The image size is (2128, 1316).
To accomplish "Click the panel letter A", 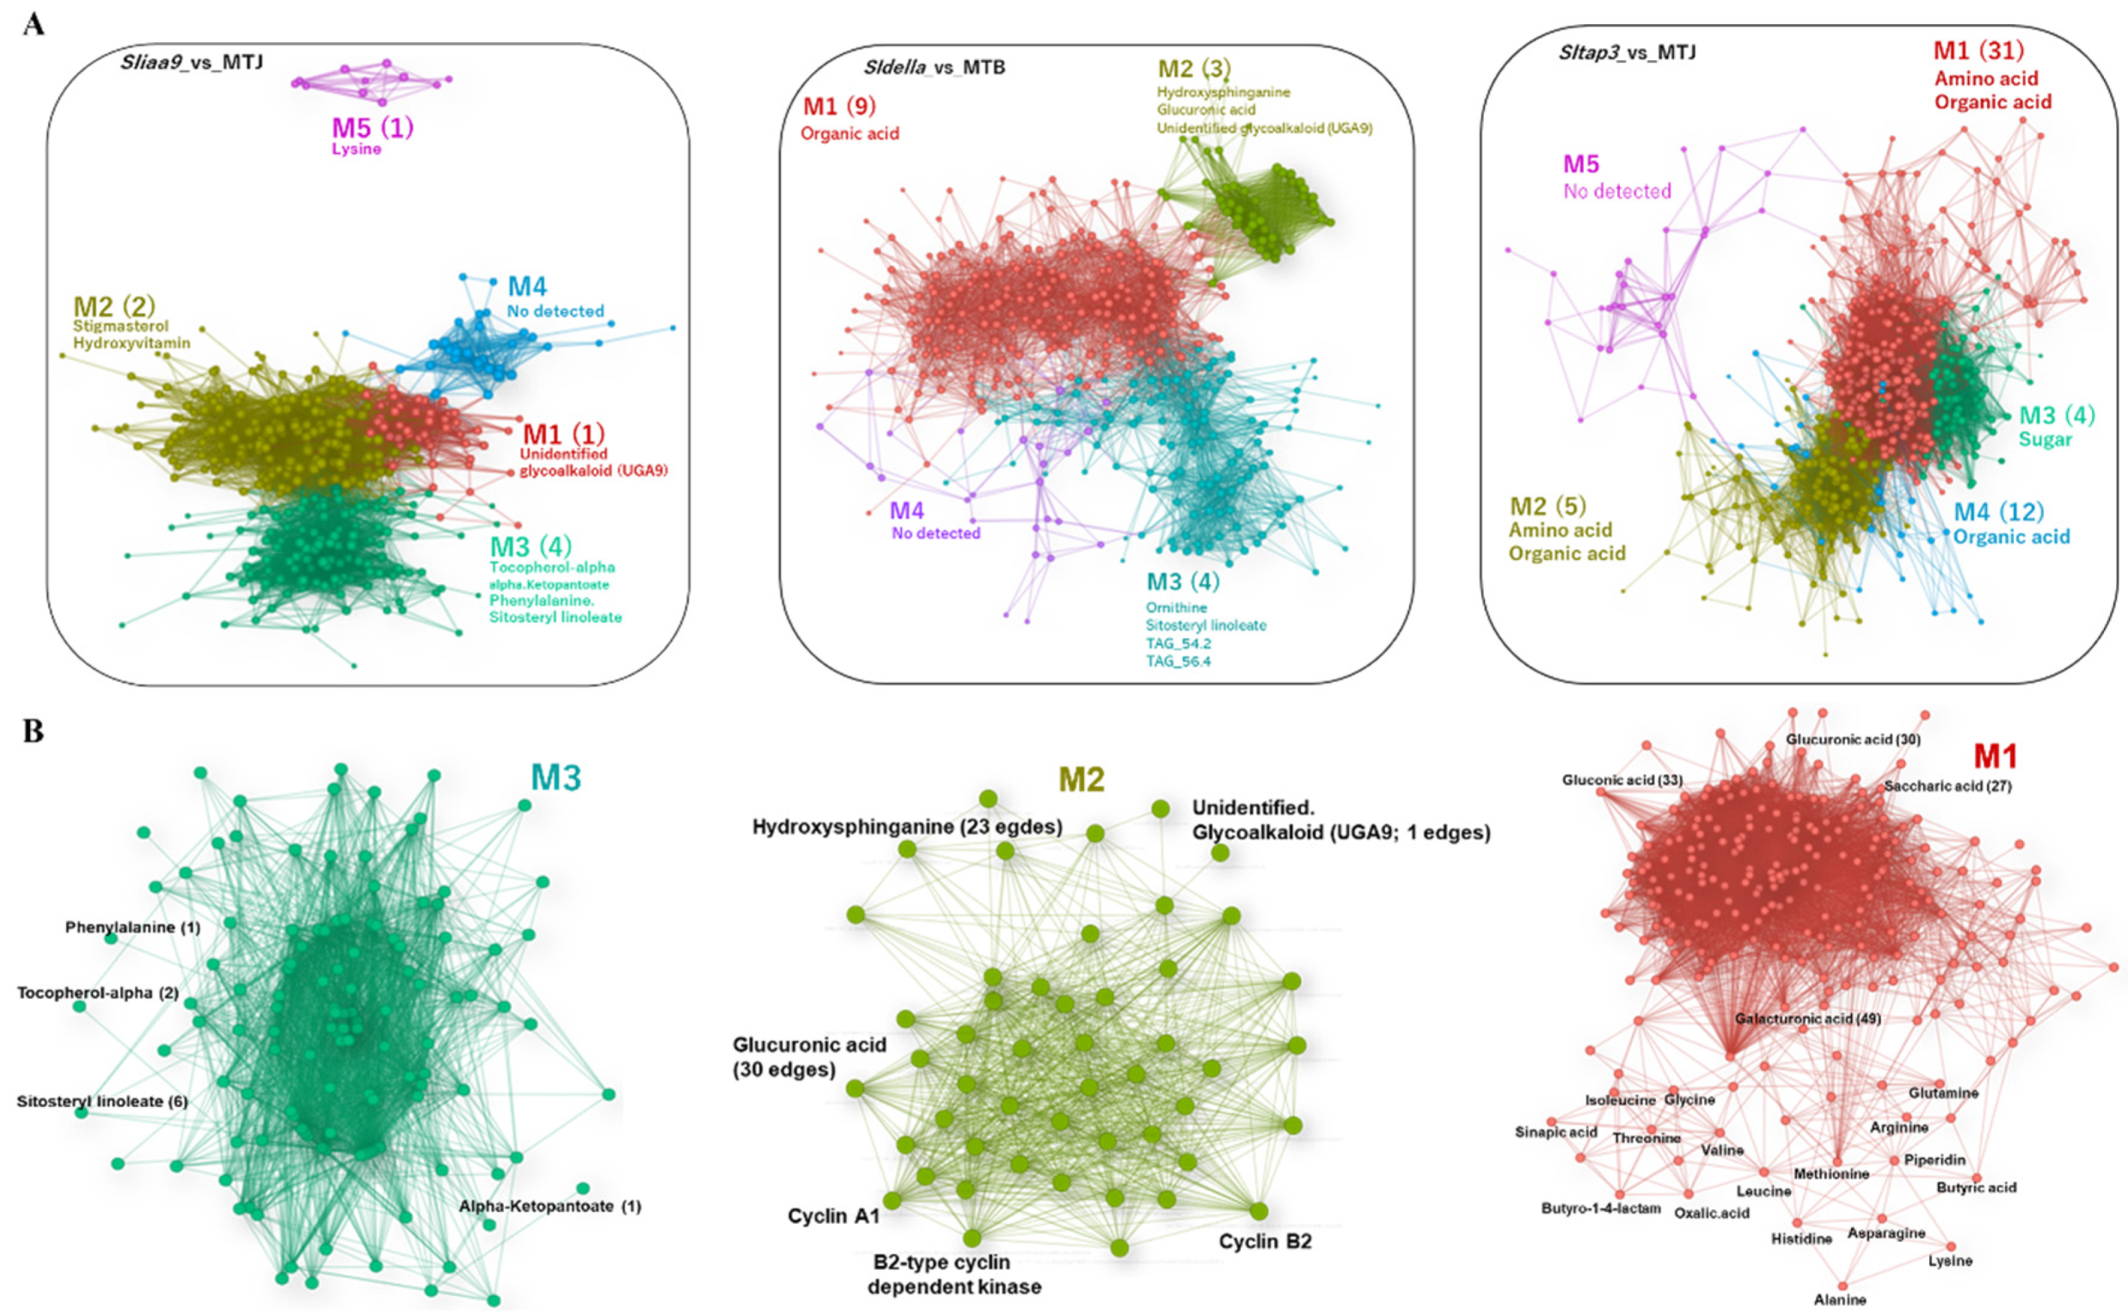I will pyautogui.click(x=34, y=23).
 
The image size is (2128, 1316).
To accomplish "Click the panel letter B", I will pyautogui.click(x=34, y=730).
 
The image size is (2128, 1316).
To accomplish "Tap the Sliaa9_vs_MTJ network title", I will pyautogui.click(x=192, y=62).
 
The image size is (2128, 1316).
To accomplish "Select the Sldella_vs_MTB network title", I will pyautogui.click(x=934, y=67).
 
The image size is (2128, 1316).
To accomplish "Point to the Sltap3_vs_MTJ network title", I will pyautogui.click(x=1626, y=52).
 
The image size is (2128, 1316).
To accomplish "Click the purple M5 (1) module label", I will pyautogui.click(x=372, y=128).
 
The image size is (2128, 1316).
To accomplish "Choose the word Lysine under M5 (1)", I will pyautogui.click(x=356, y=149).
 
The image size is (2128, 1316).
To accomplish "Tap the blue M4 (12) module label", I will pyautogui.click(x=1998, y=512).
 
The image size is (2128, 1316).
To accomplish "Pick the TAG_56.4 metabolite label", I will pyautogui.click(x=1178, y=661).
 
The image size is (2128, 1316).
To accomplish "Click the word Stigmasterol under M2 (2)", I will pyautogui.click(x=121, y=326).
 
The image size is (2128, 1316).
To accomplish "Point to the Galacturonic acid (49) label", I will pyautogui.click(x=1807, y=1018).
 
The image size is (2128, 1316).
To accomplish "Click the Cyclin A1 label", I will pyautogui.click(x=833, y=1216).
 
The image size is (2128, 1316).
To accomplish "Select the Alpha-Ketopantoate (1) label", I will pyautogui.click(x=549, y=1206).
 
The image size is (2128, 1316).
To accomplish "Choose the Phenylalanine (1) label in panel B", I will pyautogui.click(x=132, y=928).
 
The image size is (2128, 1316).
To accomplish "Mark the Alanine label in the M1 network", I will pyautogui.click(x=1839, y=1300).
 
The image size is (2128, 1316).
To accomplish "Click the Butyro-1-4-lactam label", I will pyautogui.click(x=1601, y=1209).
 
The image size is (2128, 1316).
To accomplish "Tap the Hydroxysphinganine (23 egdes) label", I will pyautogui.click(x=906, y=827).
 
